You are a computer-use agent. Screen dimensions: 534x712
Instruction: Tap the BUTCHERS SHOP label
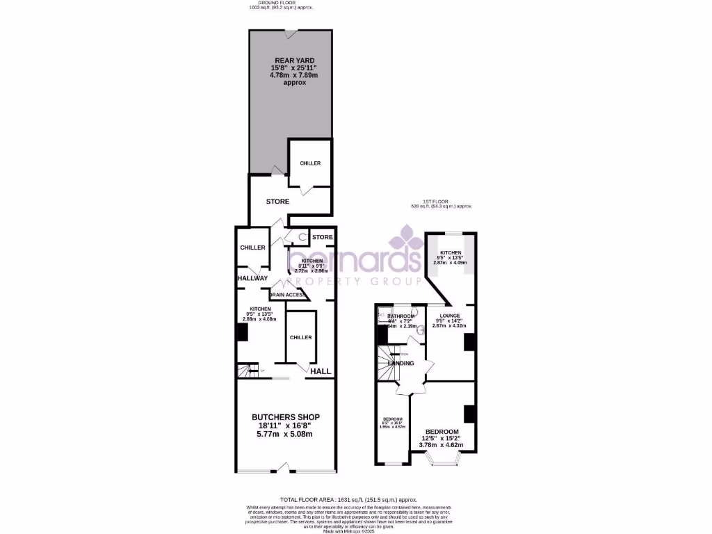coord(286,417)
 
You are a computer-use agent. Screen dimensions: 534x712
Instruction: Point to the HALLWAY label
coord(252,278)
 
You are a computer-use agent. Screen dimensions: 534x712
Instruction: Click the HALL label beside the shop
coord(321,371)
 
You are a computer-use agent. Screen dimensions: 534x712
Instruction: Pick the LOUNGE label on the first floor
coord(450,315)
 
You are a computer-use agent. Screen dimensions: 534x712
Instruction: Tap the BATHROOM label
coord(402,316)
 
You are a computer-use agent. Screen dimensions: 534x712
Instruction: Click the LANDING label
coord(401,363)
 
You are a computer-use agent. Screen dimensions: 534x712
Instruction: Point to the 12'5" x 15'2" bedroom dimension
coord(445,437)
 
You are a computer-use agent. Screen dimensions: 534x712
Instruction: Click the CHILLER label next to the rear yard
coord(310,163)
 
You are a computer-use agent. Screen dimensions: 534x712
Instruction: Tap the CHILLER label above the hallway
coord(252,248)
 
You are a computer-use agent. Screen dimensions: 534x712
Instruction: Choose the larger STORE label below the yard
coord(277,202)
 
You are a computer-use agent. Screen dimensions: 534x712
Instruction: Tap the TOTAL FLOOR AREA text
coord(348,499)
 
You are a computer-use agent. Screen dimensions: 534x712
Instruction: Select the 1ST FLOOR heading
coord(442,202)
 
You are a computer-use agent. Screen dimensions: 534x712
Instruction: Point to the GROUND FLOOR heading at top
coord(281,3)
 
